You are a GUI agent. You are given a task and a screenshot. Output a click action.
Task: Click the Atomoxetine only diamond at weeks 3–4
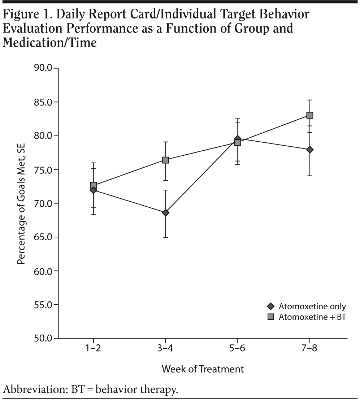tap(165, 212)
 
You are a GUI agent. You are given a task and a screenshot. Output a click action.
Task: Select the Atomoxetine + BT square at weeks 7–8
tap(309, 115)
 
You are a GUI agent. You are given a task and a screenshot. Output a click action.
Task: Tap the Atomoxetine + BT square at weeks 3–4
tap(165, 160)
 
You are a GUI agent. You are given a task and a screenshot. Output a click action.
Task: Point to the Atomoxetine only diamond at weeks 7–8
tap(309, 150)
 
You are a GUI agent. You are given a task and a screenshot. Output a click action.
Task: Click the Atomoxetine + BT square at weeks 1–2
tap(94, 186)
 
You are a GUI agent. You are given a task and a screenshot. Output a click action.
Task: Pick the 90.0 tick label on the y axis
tap(43, 68)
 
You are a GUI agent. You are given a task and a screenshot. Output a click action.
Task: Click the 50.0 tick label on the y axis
tap(43, 339)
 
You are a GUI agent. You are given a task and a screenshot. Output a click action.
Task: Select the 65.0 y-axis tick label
tap(43, 237)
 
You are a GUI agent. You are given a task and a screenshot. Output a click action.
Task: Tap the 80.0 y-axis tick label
tap(43, 136)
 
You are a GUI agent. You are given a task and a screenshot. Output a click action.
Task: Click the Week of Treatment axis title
tap(203, 369)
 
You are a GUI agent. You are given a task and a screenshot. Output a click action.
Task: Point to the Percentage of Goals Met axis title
tap(21, 202)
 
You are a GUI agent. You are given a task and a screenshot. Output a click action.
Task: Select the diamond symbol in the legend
tap(271, 307)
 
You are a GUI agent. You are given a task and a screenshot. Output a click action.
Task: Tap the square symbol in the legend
tap(271, 317)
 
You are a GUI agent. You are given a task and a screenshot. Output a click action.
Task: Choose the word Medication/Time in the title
tap(49, 43)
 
